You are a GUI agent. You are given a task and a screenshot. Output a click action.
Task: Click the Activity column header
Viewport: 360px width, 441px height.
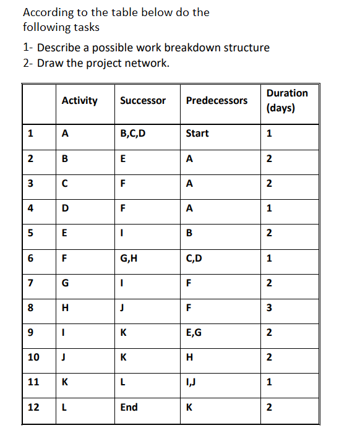click(x=80, y=100)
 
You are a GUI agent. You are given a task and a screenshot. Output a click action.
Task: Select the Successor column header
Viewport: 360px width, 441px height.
click(x=143, y=100)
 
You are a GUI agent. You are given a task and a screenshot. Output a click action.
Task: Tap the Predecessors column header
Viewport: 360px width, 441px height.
click(x=216, y=100)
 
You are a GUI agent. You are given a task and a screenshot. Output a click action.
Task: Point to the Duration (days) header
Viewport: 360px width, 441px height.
click(x=287, y=100)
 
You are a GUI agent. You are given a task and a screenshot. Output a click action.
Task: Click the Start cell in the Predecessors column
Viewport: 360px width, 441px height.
click(x=197, y=134)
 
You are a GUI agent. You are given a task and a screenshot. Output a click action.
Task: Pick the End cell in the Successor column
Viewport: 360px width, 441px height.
click(x=129, y=407)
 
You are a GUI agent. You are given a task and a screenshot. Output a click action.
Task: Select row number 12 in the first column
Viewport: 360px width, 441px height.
click(x=33, y=407)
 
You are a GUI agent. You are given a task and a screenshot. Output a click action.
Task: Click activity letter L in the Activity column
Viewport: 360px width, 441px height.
click(x=65, y=407)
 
